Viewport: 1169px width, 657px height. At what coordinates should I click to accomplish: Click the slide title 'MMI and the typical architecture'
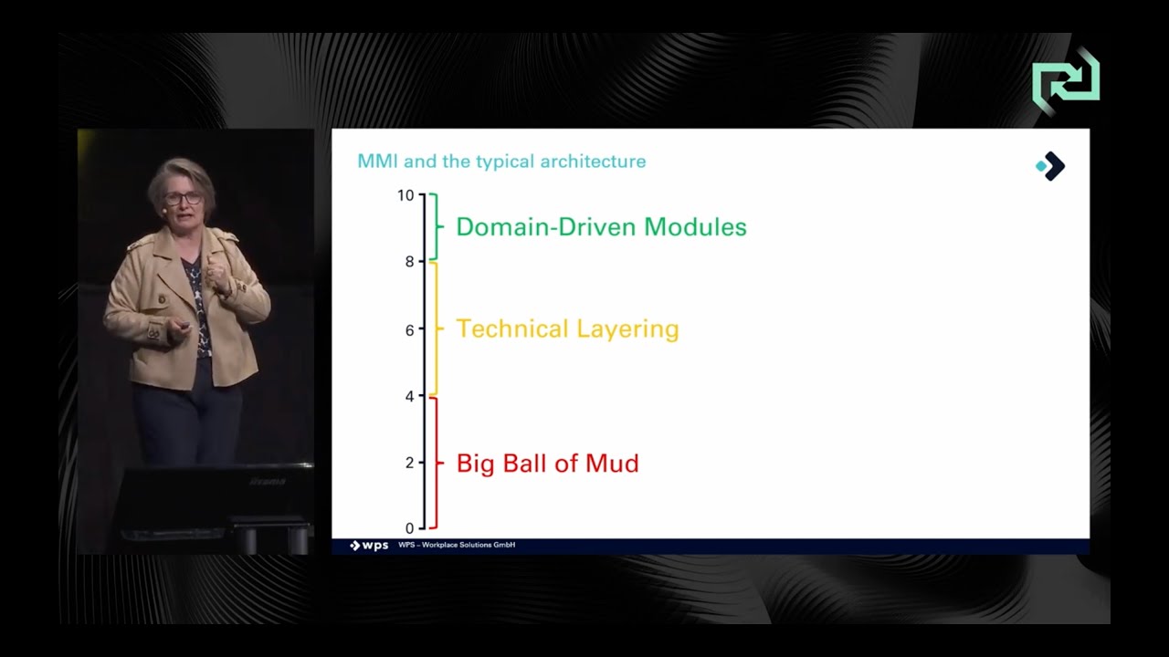click(501, 162)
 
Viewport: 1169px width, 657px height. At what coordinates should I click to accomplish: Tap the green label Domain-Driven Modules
click(601, 227)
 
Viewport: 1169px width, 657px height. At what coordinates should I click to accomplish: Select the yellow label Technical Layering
click(567, 328)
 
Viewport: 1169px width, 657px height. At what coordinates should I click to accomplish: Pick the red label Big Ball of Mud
click(547, 464)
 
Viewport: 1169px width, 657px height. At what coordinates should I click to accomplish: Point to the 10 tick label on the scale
click(405, 195)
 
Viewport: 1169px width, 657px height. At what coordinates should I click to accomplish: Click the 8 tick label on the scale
click(409, 262)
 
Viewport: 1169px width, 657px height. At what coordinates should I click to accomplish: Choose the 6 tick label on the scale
click(409, 329)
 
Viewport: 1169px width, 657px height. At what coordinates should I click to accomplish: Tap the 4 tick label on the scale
click(409, 396)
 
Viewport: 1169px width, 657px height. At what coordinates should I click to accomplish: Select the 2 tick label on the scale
click(409, 463)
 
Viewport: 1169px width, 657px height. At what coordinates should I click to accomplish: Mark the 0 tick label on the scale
click(409, 528)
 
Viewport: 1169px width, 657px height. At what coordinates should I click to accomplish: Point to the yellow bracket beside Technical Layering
click(437, 328)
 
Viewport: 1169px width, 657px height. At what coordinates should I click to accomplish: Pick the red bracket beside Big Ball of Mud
click(437, 463)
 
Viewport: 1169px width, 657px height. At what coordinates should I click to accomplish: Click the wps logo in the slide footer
click(369, 546)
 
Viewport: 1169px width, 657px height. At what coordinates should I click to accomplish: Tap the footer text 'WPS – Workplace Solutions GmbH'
click(457, 546)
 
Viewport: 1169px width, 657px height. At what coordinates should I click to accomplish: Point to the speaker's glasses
click(183, 198)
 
